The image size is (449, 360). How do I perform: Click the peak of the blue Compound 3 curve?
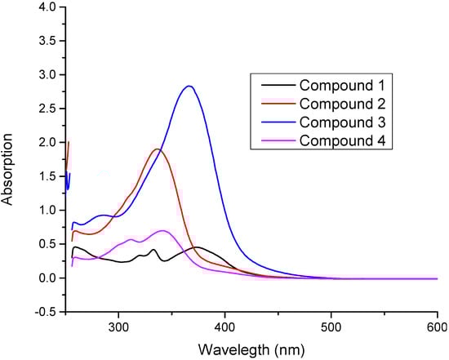[x=300, y=86]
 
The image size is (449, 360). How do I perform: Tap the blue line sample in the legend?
[x=276, y=122]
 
